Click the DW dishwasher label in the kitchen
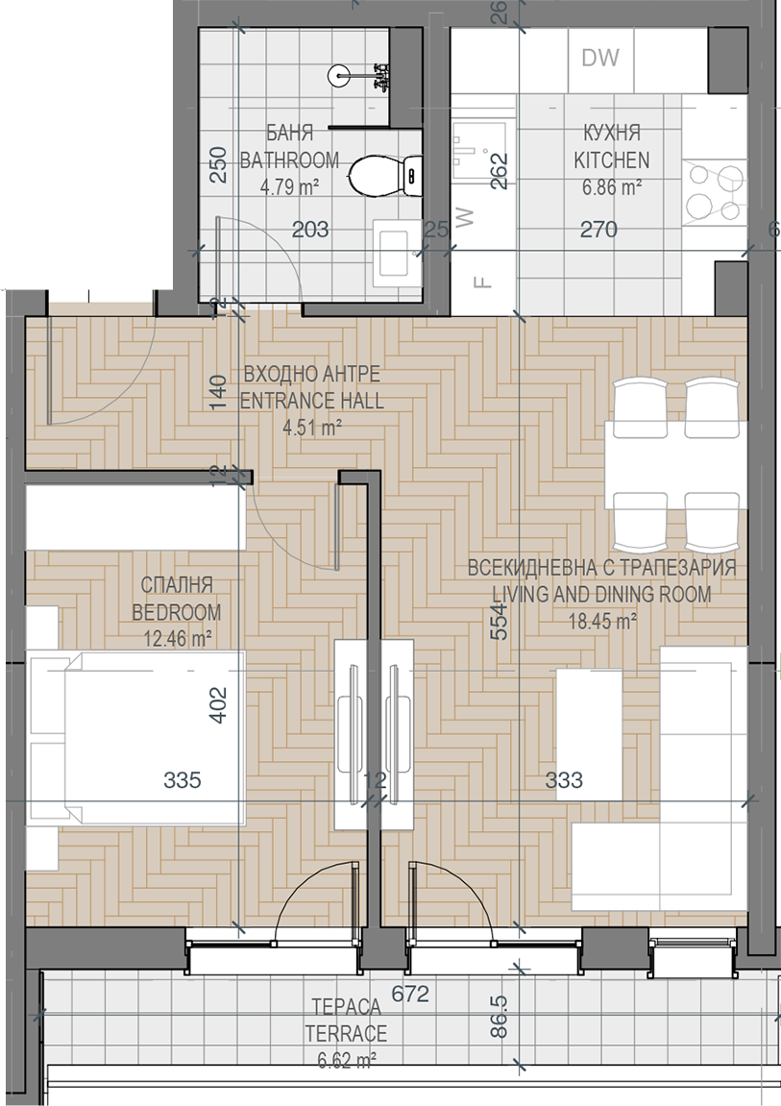click(x=600, y=58)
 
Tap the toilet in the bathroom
click(x=385, y=174)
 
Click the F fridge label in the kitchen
click(x=482, y=283)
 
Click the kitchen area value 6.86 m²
click(x=611, y=187)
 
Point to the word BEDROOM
click(x=176, y=612)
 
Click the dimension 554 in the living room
click(x=499, y=622)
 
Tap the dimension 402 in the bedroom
click(x=218, y=704)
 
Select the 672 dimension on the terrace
click(x=410, y=994)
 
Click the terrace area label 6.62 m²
click(x=346, y=1060)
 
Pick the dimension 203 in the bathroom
click(x=310, y=230)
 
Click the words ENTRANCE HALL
click(x=311, y=401)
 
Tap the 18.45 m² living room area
click(x=602, y=622)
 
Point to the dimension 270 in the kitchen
click(x=598, y=230)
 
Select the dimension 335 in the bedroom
click(x=183, y=779)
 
